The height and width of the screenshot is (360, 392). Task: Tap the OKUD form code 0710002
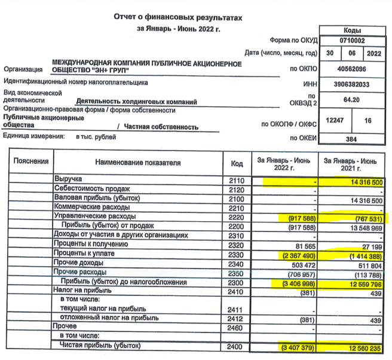pyautogui.click(x=351, y=41)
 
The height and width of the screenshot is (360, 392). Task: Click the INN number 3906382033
pyautogui.click(x=351, y=84)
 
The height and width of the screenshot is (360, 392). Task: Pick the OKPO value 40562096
pyautogui.click(x=351, y=69)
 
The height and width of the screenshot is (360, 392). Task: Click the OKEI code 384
pyautogui.click(x=351, y=139)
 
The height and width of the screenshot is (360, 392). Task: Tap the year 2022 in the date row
pyautogui.click(x=373, y=54)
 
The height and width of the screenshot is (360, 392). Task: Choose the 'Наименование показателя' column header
pyautogui.click(x=137, y=163)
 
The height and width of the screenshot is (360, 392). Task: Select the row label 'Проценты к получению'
pyautogui.click(x=90, y=244)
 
